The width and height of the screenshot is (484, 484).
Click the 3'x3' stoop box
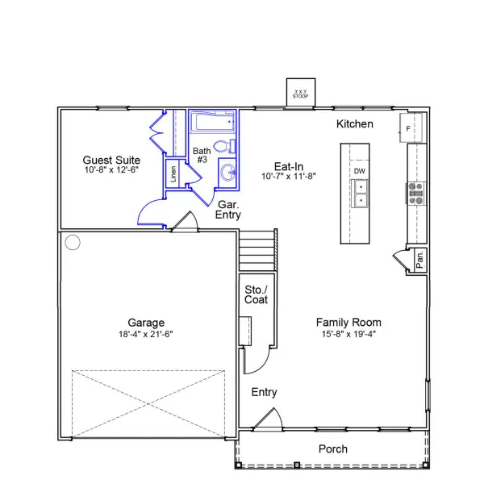tap(300, 93)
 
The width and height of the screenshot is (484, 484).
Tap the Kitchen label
tap(355, 124)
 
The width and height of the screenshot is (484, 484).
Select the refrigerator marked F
tap(408, 127)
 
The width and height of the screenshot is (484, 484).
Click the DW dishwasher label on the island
tap(359, 171)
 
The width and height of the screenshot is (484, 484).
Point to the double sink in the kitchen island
tap(361, 194)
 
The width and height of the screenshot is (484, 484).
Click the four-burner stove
tap(417, 193)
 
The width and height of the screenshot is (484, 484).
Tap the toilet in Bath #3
tap(230, 146)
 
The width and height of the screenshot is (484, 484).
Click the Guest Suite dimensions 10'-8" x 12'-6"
tap(112, 171)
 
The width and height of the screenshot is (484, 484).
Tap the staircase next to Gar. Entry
tap(254, 251)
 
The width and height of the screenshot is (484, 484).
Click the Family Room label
tap(348, 321)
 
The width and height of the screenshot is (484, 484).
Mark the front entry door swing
tap(269, 419)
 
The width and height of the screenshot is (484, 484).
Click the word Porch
tap(332, 449)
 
